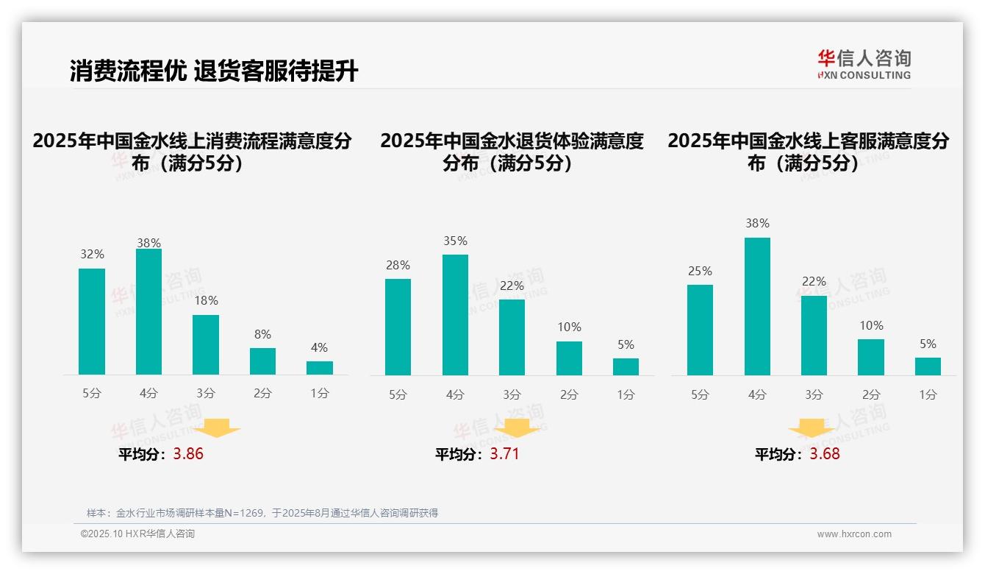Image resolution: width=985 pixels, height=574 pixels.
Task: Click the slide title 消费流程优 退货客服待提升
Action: click(x=213, y=71)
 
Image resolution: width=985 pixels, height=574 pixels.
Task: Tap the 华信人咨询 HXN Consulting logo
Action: click(x=864, y=65)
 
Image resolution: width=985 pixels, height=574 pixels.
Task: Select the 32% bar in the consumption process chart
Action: click(x=92, y=322)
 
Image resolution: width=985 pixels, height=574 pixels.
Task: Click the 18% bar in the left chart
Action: click(x=206, y=344)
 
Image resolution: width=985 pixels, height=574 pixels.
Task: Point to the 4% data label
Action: click(x=319, y=347)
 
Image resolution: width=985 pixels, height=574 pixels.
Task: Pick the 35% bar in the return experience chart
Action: click(x=455, y=314)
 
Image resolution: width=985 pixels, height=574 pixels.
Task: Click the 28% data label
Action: click(x=398, y=265)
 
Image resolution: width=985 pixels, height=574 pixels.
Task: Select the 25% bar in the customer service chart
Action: click(x=700, y=330)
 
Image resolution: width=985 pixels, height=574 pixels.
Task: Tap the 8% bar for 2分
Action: click(x=262, y=361)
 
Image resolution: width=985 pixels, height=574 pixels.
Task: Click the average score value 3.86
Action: click(x=188, y=454)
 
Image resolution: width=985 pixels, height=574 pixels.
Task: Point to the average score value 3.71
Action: click(x=504, y=454)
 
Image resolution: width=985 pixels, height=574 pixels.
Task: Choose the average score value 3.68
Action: click(x=825, y=454)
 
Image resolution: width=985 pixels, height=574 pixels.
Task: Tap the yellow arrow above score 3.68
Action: click(x=812, y=428)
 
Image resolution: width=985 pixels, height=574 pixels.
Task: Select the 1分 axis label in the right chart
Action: click(x=928, y=394)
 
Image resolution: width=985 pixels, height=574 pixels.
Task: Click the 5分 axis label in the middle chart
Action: click(x=398, y=394)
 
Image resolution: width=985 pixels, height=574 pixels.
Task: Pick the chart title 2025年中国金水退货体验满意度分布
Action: click(x=512, y=152)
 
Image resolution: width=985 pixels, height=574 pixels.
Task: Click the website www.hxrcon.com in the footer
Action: click(x=854, y=534)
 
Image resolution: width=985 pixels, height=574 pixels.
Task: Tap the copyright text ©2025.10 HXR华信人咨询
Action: click(x=137, y=534)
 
